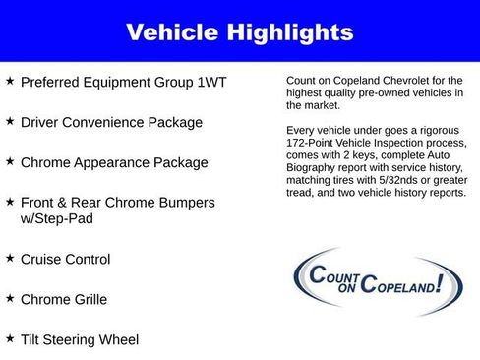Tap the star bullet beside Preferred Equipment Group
[10, 83]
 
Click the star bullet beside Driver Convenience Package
[10, 122]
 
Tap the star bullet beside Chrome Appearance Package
[10, 161]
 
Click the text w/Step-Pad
[58, 218]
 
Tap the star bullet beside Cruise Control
[10, 258]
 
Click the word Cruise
[43, 259]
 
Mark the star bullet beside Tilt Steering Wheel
[10, 338]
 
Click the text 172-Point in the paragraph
[313, 154]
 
